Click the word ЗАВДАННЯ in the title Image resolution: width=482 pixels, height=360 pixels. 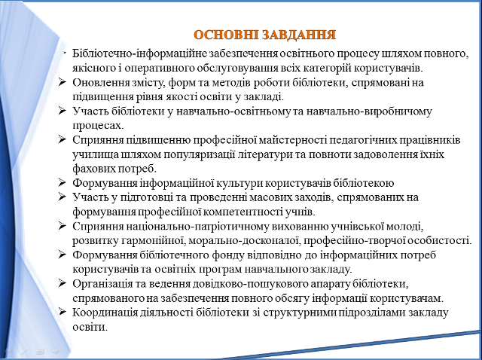point(294,35)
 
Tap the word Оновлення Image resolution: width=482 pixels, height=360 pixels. point(101,83)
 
